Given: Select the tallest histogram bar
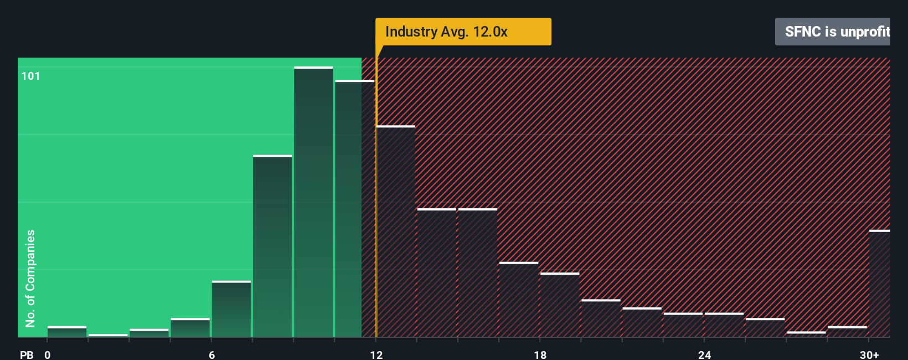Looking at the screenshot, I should [x=313, y=202].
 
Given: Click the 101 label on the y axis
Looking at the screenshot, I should [x=30, y=76].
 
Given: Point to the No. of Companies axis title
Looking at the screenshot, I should [x=30, y=278].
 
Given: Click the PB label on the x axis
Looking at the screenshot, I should [x=27, y=355].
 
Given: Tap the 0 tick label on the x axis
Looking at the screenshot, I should [x=48, y=355].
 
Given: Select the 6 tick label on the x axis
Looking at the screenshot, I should [x=211, y=355].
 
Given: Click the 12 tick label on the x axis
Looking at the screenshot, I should [x=376, y=355].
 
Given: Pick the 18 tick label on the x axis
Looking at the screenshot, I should [x=540, y=355].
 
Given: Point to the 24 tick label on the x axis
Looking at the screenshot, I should [x=704, y=355].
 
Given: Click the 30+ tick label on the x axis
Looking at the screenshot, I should [x=869, y=355].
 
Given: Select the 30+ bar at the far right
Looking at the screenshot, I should [x=879, y=284].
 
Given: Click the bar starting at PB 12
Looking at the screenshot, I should [x=395, y=232].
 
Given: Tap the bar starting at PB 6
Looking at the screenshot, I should [x=231, y=309].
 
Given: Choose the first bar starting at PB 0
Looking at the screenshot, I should [x=67, y=332].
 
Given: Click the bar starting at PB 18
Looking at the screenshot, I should [x=560, y=305].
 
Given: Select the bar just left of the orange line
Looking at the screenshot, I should [x=354, y=209].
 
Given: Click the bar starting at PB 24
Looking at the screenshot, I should [x=724, y=325].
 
